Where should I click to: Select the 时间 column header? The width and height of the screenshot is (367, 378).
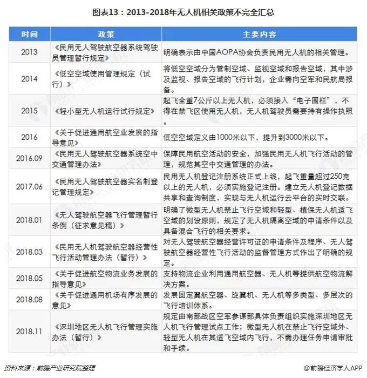tap(30, 35)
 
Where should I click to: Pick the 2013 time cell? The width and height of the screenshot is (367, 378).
tap(30, 52)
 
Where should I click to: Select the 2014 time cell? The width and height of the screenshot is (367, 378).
tap(30, 78)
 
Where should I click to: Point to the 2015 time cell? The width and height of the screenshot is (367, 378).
tap(30, 111)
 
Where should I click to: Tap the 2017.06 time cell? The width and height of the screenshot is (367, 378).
tap(30, 186)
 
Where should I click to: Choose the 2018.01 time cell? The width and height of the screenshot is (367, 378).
tap(30, 220)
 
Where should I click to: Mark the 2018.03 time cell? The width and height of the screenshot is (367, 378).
tap(30, 251)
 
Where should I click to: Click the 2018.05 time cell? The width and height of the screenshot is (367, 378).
tap(30, 278)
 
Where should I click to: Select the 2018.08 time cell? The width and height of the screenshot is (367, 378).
tap(30, 299)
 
